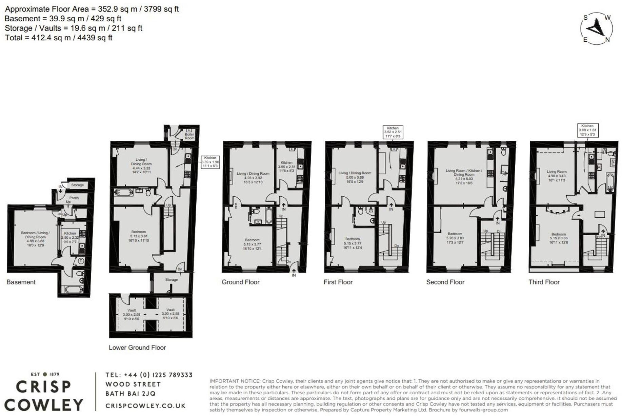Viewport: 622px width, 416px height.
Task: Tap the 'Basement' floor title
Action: pos(21,282)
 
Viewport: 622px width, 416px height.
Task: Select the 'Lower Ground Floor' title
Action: pos(137,348)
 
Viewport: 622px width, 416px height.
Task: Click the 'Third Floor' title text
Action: pos(544,282)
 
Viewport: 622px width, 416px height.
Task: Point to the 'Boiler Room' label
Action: pos(189,136)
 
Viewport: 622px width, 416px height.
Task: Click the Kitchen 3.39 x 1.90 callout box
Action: pos(210,162)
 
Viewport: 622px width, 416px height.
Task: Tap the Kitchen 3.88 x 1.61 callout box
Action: pos(587,130)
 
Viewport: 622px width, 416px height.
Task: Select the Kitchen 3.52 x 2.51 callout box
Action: pos(393,132)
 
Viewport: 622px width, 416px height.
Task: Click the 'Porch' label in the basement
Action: pos(74,198)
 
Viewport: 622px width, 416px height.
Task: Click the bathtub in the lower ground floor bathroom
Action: pos(123,192)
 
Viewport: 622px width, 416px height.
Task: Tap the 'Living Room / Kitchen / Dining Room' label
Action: pos(464,177)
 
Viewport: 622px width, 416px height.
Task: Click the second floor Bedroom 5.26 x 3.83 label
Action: pos(455,238)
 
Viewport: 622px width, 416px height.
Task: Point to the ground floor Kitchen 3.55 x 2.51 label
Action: pos(286,166)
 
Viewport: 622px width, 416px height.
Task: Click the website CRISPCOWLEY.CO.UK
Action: pos(145,406)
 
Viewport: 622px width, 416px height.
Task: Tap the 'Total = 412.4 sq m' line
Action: pos(58,38)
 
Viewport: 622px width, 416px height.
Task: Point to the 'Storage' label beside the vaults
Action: pos(172,280)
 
